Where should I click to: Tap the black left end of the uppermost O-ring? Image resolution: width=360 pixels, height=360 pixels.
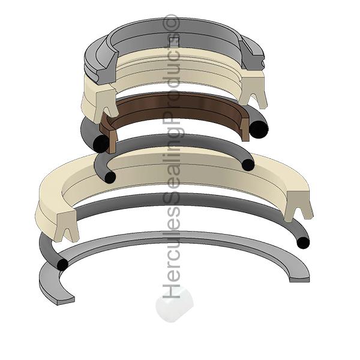(x=99, y=143)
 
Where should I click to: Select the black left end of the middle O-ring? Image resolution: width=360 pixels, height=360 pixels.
(x=110, y=177)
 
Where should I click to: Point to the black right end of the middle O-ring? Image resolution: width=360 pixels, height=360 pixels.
(x=248, y=165)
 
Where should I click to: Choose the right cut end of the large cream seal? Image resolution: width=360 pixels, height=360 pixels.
(x=301, y=207)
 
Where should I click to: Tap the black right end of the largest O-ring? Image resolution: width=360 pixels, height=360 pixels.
(x=304, y=242)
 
